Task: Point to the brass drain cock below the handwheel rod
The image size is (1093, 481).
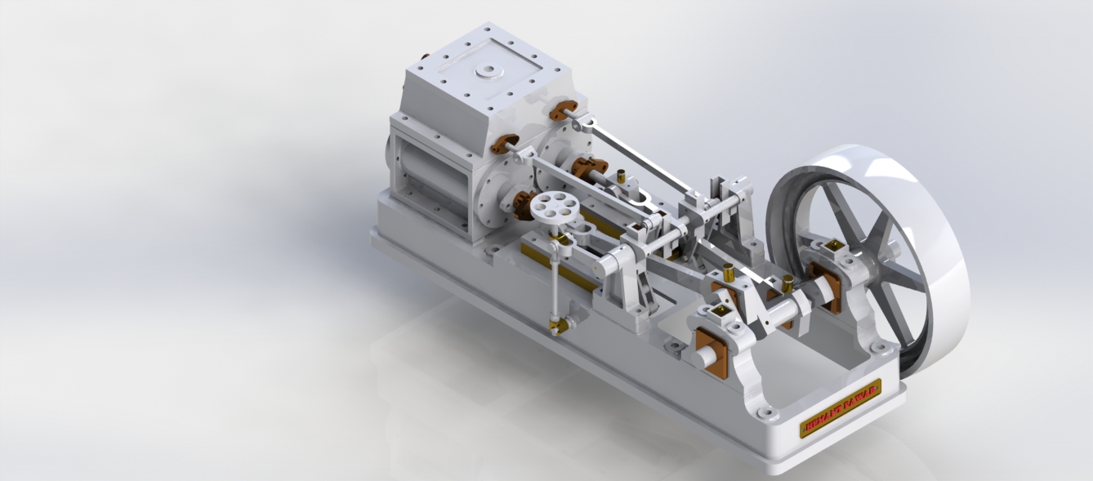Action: tap(560, 327)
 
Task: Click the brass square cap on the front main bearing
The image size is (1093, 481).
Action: tap(721, 311)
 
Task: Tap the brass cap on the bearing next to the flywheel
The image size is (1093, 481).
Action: tap(832, 245)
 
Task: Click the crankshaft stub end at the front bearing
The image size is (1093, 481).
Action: tap(700, 357)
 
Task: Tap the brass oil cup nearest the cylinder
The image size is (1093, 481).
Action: tap(621, 176)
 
